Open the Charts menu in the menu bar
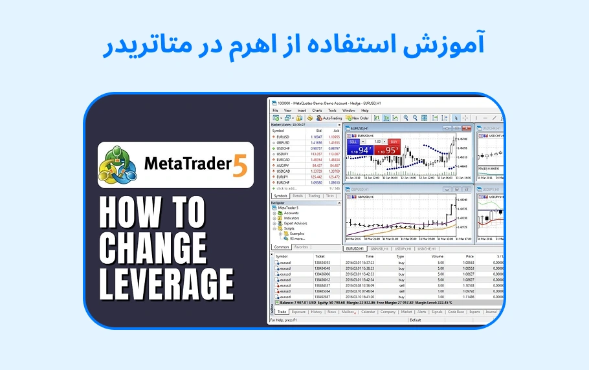pos(317,111)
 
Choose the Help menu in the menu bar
pos(364,111)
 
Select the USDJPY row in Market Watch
pos(283,154)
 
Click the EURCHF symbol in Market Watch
pos(283,182)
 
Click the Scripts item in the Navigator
pos(289,228)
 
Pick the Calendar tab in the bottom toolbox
pos(368,312)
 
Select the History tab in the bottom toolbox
pos(316,312)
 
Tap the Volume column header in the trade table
pos(438,256)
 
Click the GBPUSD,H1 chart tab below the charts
pos(379,249)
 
